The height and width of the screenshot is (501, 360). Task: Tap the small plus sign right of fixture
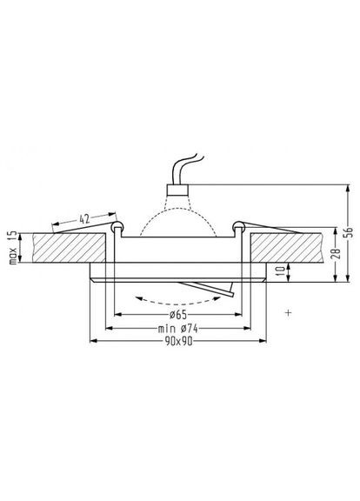pyautogui.click(x=286, y=311)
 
